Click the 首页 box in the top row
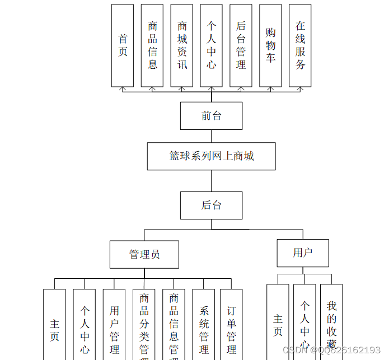click(x=123, y=45)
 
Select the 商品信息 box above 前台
click(x=152, y=45)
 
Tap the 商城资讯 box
click(x=182, y=45)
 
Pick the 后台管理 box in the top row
click(x=241, y=45)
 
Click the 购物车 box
click(x=270, y=45)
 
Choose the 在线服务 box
click(x=300, y=45)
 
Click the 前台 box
click(x=211, y=116)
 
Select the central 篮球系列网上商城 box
click(x=211, y=156)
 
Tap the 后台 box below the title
click(x=211, y=205)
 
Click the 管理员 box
click(x=144, y=255)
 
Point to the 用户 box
click(x=303, y=253)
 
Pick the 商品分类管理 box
click(x=144, y=328)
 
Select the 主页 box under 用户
click(x=278, y=325)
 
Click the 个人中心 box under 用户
click(x=304, y=325)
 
